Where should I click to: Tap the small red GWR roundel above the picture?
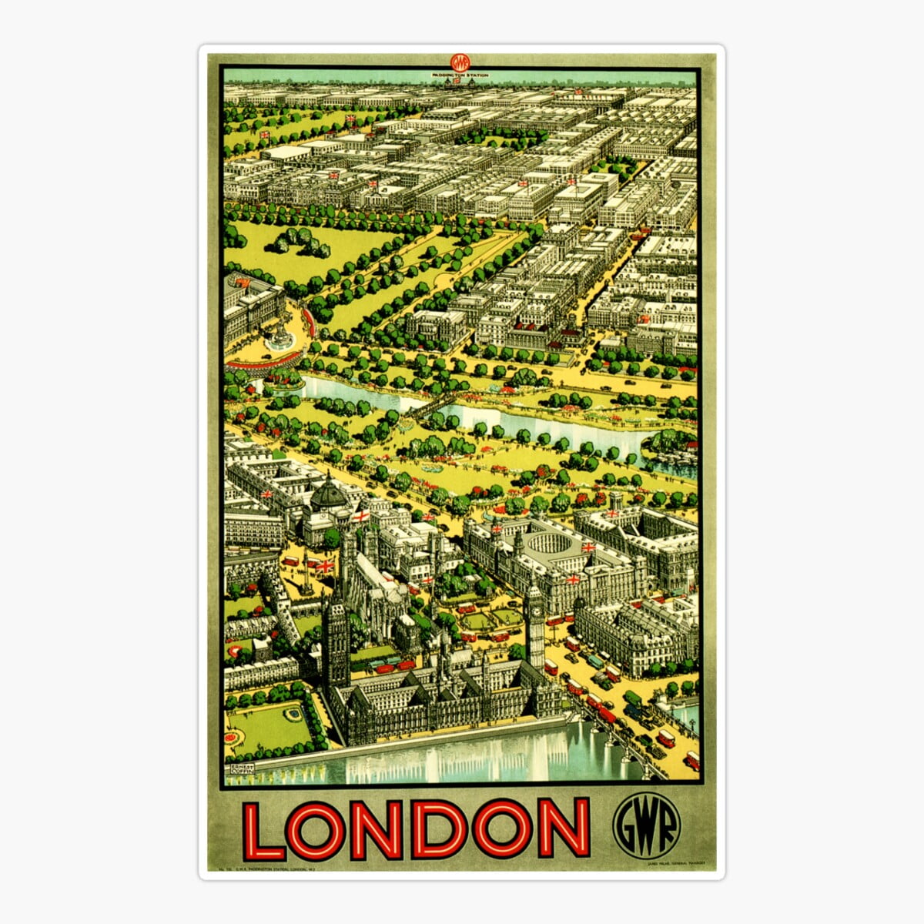point(460,62)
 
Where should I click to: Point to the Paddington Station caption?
point(460,75)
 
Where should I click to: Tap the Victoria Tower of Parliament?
point(336,639)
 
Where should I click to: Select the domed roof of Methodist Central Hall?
point(330,494)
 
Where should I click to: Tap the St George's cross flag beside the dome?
point(359,515)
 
